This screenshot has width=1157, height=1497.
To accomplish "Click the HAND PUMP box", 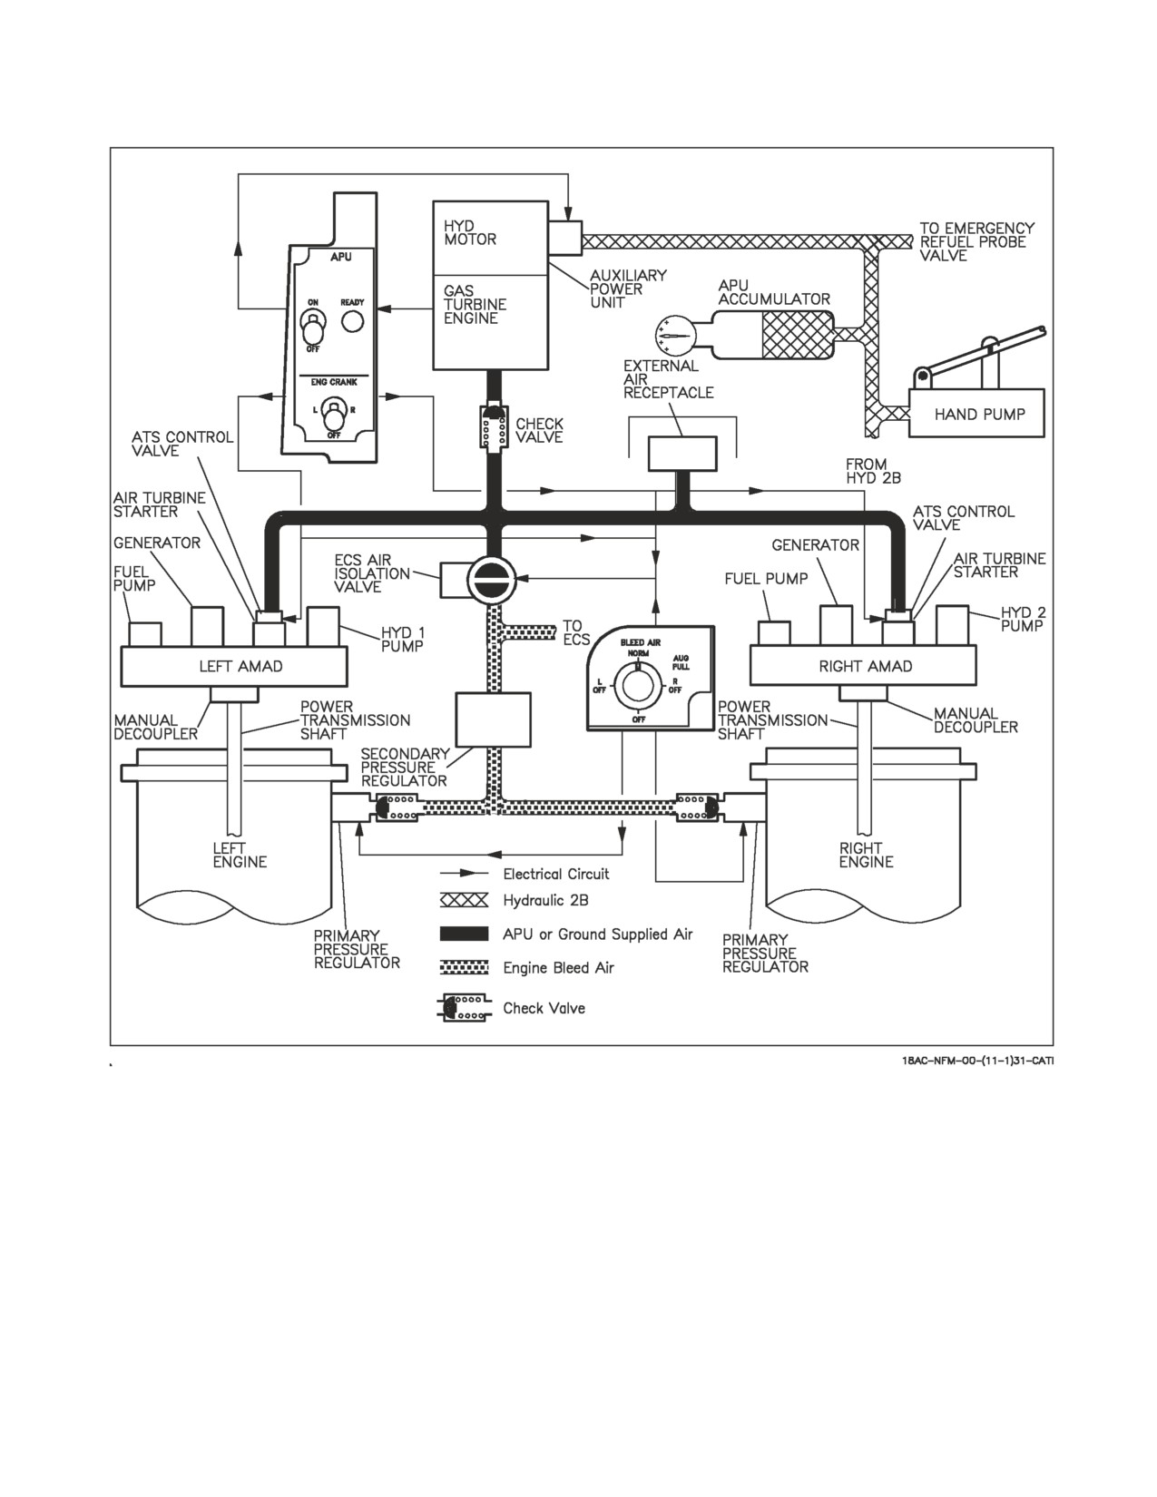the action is tap(976, 413).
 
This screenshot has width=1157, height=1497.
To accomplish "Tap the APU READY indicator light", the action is tap(353, 321).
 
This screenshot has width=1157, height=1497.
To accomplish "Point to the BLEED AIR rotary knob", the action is tap(638, 686).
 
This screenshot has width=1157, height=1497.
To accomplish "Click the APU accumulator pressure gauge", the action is tap(675, 336).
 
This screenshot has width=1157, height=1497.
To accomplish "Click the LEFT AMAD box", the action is tap(234, 666).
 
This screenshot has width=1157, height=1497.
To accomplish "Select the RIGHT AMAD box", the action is tap(863, 666).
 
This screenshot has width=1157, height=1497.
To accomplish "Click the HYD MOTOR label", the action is tap(470, 233).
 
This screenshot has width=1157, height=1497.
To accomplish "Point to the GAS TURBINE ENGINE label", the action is tap(475, 304).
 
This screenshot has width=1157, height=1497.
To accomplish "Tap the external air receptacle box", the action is tap(682, 454).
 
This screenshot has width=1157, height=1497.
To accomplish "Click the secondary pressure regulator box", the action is tap(494, 719).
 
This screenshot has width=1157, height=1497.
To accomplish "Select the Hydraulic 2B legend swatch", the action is tap(465, 900).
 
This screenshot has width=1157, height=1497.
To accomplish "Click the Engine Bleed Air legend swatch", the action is tap(465, 967).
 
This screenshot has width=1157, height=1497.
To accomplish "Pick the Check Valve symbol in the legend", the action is tap(466, 1008).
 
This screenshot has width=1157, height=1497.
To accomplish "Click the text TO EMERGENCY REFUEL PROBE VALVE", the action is tap(976, 241).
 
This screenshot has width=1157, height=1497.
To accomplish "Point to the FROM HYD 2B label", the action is tap(873, 471).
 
